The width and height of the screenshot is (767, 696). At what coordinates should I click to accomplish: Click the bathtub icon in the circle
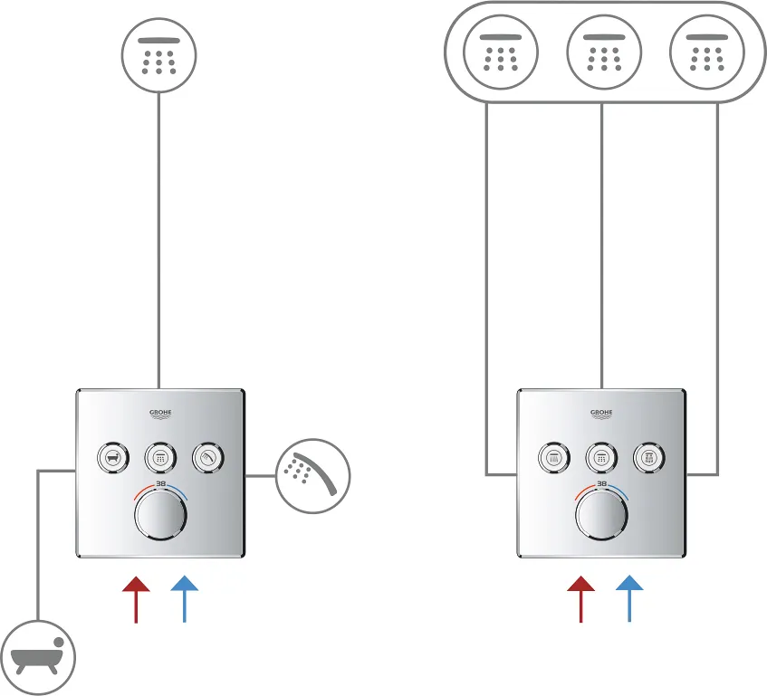click(38, 656)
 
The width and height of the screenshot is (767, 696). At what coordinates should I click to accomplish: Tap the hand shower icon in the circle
click(312, 476)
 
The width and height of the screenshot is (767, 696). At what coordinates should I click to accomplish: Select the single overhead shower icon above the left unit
click(158, 56)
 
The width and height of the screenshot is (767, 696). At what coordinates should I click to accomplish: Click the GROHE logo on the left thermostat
click(160, 414)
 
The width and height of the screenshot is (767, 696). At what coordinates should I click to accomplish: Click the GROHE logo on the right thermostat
click(601, 414)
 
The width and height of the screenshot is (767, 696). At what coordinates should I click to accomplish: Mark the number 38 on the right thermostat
click(601, 484)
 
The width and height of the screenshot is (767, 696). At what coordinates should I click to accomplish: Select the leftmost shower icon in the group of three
click(500, 56)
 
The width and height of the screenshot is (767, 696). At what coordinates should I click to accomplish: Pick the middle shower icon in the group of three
click(602, 56)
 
